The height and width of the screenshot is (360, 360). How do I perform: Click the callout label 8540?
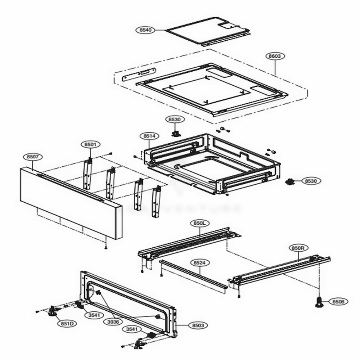[145, 30]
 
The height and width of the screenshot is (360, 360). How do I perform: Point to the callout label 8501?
[90, 144]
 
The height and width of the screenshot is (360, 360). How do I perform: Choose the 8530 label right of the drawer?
[310, 181]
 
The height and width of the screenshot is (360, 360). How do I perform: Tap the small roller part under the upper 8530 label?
[176, 134]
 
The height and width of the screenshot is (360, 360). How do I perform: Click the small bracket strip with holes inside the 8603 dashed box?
[138, 75]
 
